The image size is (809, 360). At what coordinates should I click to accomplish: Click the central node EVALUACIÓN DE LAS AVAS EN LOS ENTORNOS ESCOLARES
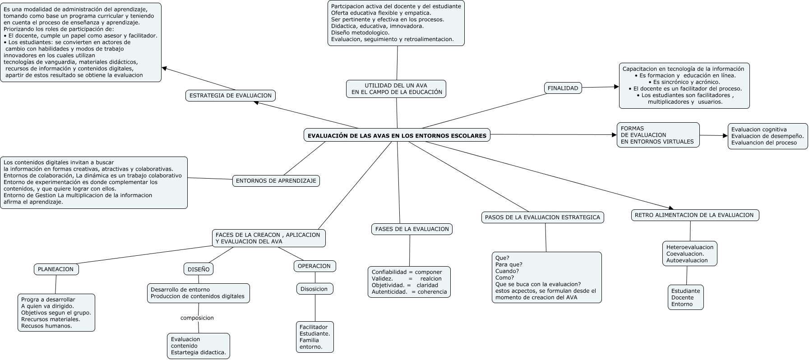[397, 135]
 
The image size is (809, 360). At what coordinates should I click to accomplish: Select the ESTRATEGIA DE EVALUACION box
[231, 96]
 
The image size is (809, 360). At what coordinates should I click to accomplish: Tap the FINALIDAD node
[563, 88]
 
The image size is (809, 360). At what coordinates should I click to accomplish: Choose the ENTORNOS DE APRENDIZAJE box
[276, 181]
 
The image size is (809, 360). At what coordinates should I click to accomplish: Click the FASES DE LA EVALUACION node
[412, 229]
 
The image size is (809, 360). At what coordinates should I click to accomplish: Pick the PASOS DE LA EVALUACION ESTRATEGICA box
[542, 217]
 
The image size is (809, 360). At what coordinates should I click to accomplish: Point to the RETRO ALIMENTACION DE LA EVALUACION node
[695, 215]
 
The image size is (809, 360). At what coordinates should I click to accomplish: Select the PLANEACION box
[56, 269]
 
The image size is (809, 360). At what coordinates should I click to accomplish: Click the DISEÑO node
[199, 269]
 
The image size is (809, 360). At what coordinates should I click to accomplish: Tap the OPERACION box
[314, 266]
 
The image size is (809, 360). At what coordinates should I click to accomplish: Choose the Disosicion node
[314, 289]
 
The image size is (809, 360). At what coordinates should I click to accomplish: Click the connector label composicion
[197, 318]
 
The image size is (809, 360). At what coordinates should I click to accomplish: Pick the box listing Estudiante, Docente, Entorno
[686, 297]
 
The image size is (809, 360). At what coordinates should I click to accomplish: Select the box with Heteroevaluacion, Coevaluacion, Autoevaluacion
[690, 254]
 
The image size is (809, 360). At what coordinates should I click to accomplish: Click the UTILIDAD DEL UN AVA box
[396, 89]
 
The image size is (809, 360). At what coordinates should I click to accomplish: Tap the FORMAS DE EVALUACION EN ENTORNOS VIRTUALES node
[658, 135]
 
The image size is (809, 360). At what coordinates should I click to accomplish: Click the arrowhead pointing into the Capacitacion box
[616, 87]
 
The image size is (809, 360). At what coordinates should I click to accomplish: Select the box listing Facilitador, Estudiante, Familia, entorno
[315, 337]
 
